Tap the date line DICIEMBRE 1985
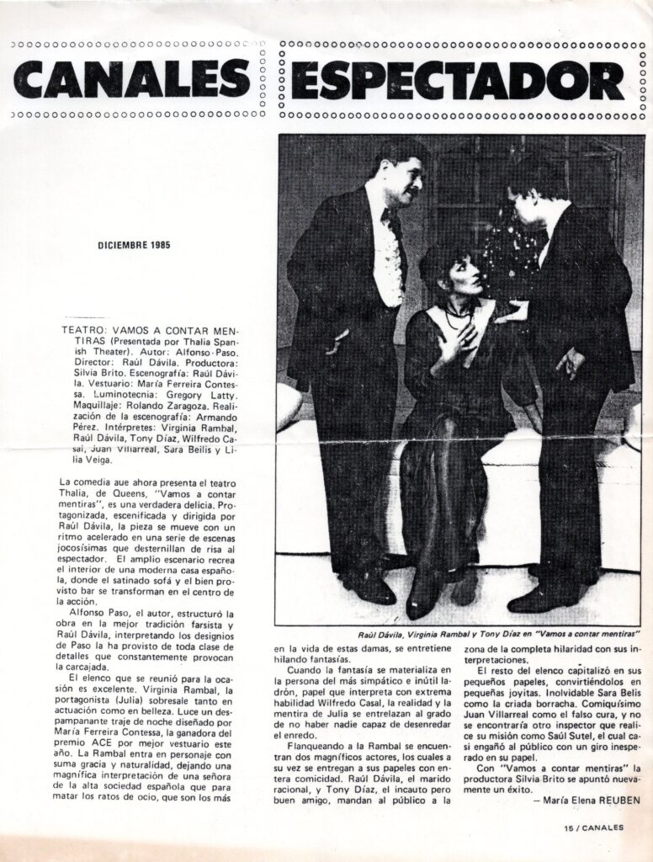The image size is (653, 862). coord(135,247)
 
